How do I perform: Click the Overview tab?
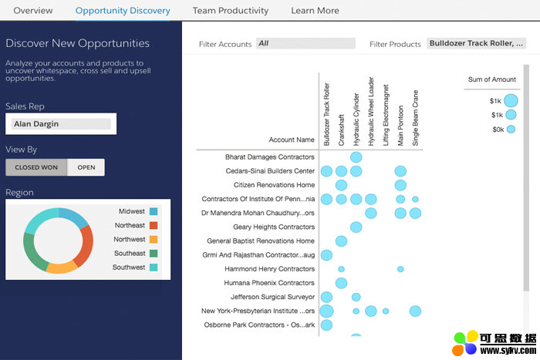click(33, 11)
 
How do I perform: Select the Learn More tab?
click(315, 11)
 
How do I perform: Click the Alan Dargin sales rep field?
click(61, 123)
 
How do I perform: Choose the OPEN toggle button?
click(86, 167)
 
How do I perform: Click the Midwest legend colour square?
click(154, 211)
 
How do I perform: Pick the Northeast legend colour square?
click(154, 225)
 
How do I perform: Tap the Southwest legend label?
click(129, 267)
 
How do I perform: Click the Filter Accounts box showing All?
click(305, 44)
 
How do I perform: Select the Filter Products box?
click(477, 44)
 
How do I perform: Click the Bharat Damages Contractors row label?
click(270, 157)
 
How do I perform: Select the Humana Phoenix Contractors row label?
click(269, 283)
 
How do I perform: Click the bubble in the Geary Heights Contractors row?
click(356, 227)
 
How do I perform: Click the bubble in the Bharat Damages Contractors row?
click(356, 157)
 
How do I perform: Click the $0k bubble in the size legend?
click(511, 130)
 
